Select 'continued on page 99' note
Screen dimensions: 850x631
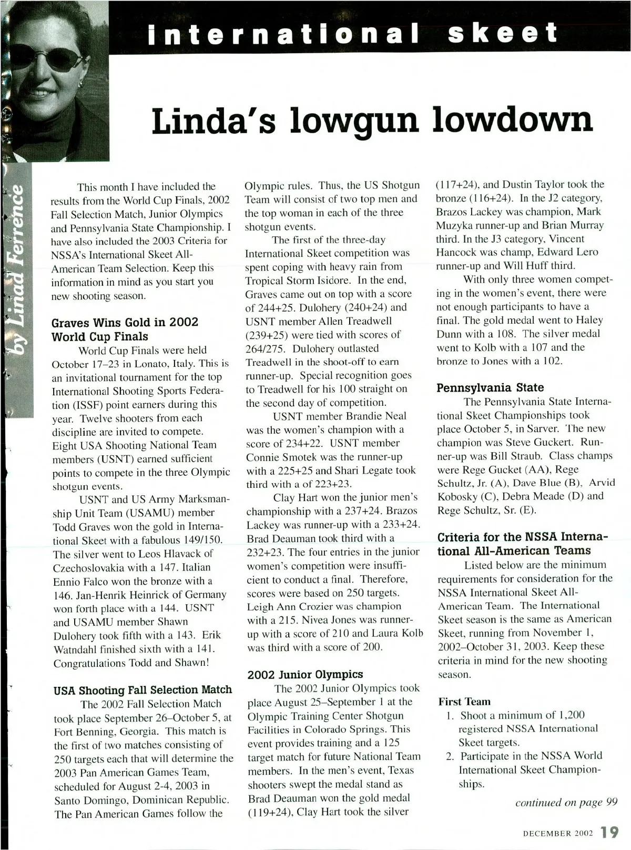[x=566, y=802]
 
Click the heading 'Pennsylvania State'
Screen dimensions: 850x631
[x=490, y=387]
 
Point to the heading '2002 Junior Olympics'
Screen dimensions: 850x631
[x=305, y=674]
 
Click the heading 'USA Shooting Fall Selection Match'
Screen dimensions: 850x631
[x=143, y=689]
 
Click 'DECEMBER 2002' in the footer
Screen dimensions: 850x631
[x=558, y=834]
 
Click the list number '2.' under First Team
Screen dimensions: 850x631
[x=450, y=756]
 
